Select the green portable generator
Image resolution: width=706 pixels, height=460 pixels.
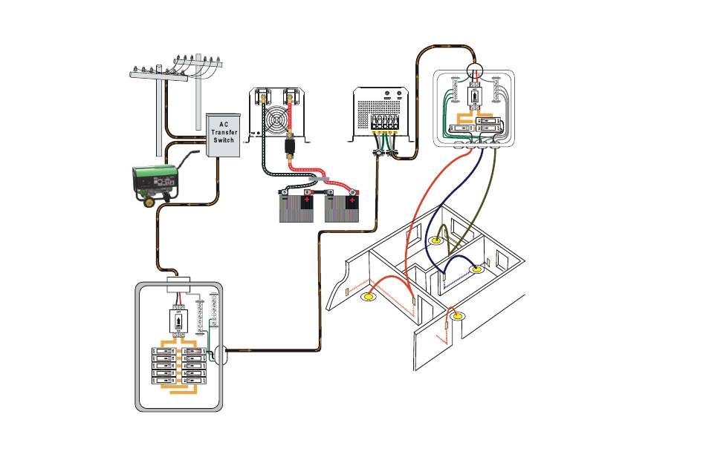[x=157, y=181]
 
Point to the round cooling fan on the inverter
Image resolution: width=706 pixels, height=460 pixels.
[x=275, y=121]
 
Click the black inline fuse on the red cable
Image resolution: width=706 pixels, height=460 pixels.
[x=288, y=151]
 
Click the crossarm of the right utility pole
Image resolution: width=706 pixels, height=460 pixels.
[x=199, y=63]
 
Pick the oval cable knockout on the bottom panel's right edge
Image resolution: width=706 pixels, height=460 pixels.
[x=220, y=355]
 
